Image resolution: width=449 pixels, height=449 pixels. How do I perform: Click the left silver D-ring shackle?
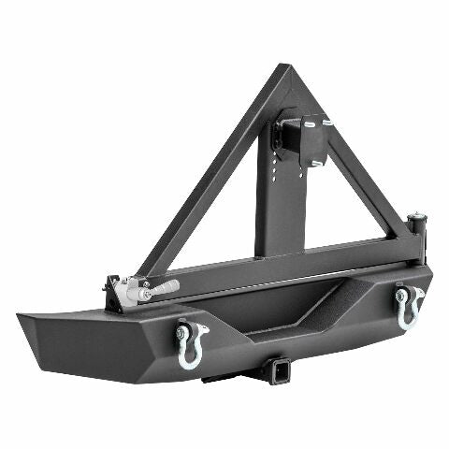click(192, 348)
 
